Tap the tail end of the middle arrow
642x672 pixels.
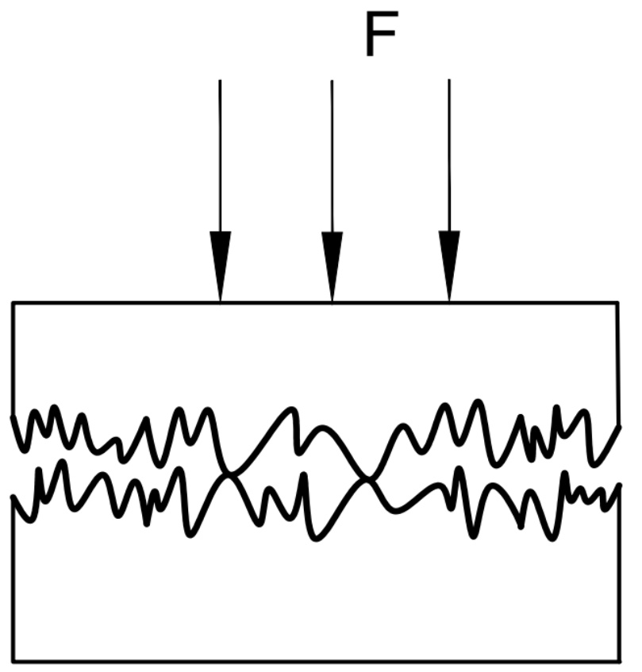pos(332,81)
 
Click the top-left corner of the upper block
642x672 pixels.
pos(13,302)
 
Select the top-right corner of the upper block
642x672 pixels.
pos(617,302)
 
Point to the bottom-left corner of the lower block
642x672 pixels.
pos(13,660)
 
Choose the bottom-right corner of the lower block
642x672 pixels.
pos(619,660)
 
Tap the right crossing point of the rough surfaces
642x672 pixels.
pos(367,478)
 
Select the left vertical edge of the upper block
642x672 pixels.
pos(13,357)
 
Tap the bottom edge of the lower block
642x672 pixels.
pos(317,660)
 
